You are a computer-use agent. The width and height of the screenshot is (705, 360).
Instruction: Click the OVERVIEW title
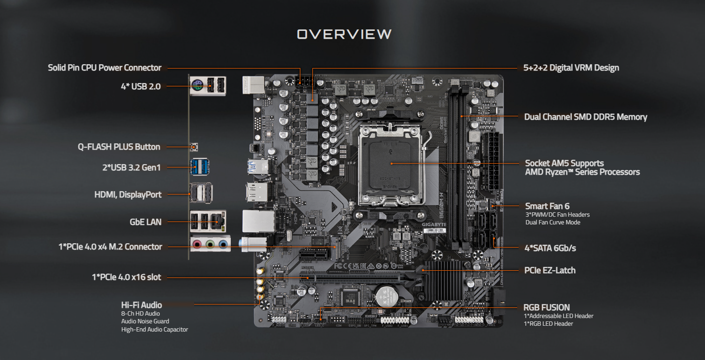[x=344, y=34]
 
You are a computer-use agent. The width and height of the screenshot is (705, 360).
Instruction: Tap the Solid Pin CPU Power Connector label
[x=104, y=68]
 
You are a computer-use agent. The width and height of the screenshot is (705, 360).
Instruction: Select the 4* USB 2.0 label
[x=141, y=86]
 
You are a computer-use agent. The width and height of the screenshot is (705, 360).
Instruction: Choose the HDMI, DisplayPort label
[x=128, y=194]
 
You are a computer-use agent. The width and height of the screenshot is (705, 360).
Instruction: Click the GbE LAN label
[x=145, y=222]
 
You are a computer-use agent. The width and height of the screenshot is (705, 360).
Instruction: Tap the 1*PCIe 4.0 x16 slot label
[x=127, y=277]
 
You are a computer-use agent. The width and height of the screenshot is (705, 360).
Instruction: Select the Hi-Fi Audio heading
[x=141, y=305]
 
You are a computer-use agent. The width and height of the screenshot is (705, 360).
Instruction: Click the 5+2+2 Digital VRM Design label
[x=571, y=68]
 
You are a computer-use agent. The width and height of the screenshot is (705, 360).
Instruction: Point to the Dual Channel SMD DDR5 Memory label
[x=586, y=117]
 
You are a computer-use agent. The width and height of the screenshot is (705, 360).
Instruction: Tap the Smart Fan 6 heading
[x=547, y=206]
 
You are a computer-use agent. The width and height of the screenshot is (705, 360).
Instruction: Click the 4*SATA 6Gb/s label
[x=550, y=248]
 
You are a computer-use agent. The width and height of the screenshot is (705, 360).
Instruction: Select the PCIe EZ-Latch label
[x=550, y=270]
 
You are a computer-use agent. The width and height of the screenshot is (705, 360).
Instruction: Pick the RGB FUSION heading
[x=547, y=307]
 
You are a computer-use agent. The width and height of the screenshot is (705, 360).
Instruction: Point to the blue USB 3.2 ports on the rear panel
[x=200, y=167]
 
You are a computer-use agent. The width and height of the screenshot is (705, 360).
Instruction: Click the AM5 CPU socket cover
[x=391, y=164]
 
